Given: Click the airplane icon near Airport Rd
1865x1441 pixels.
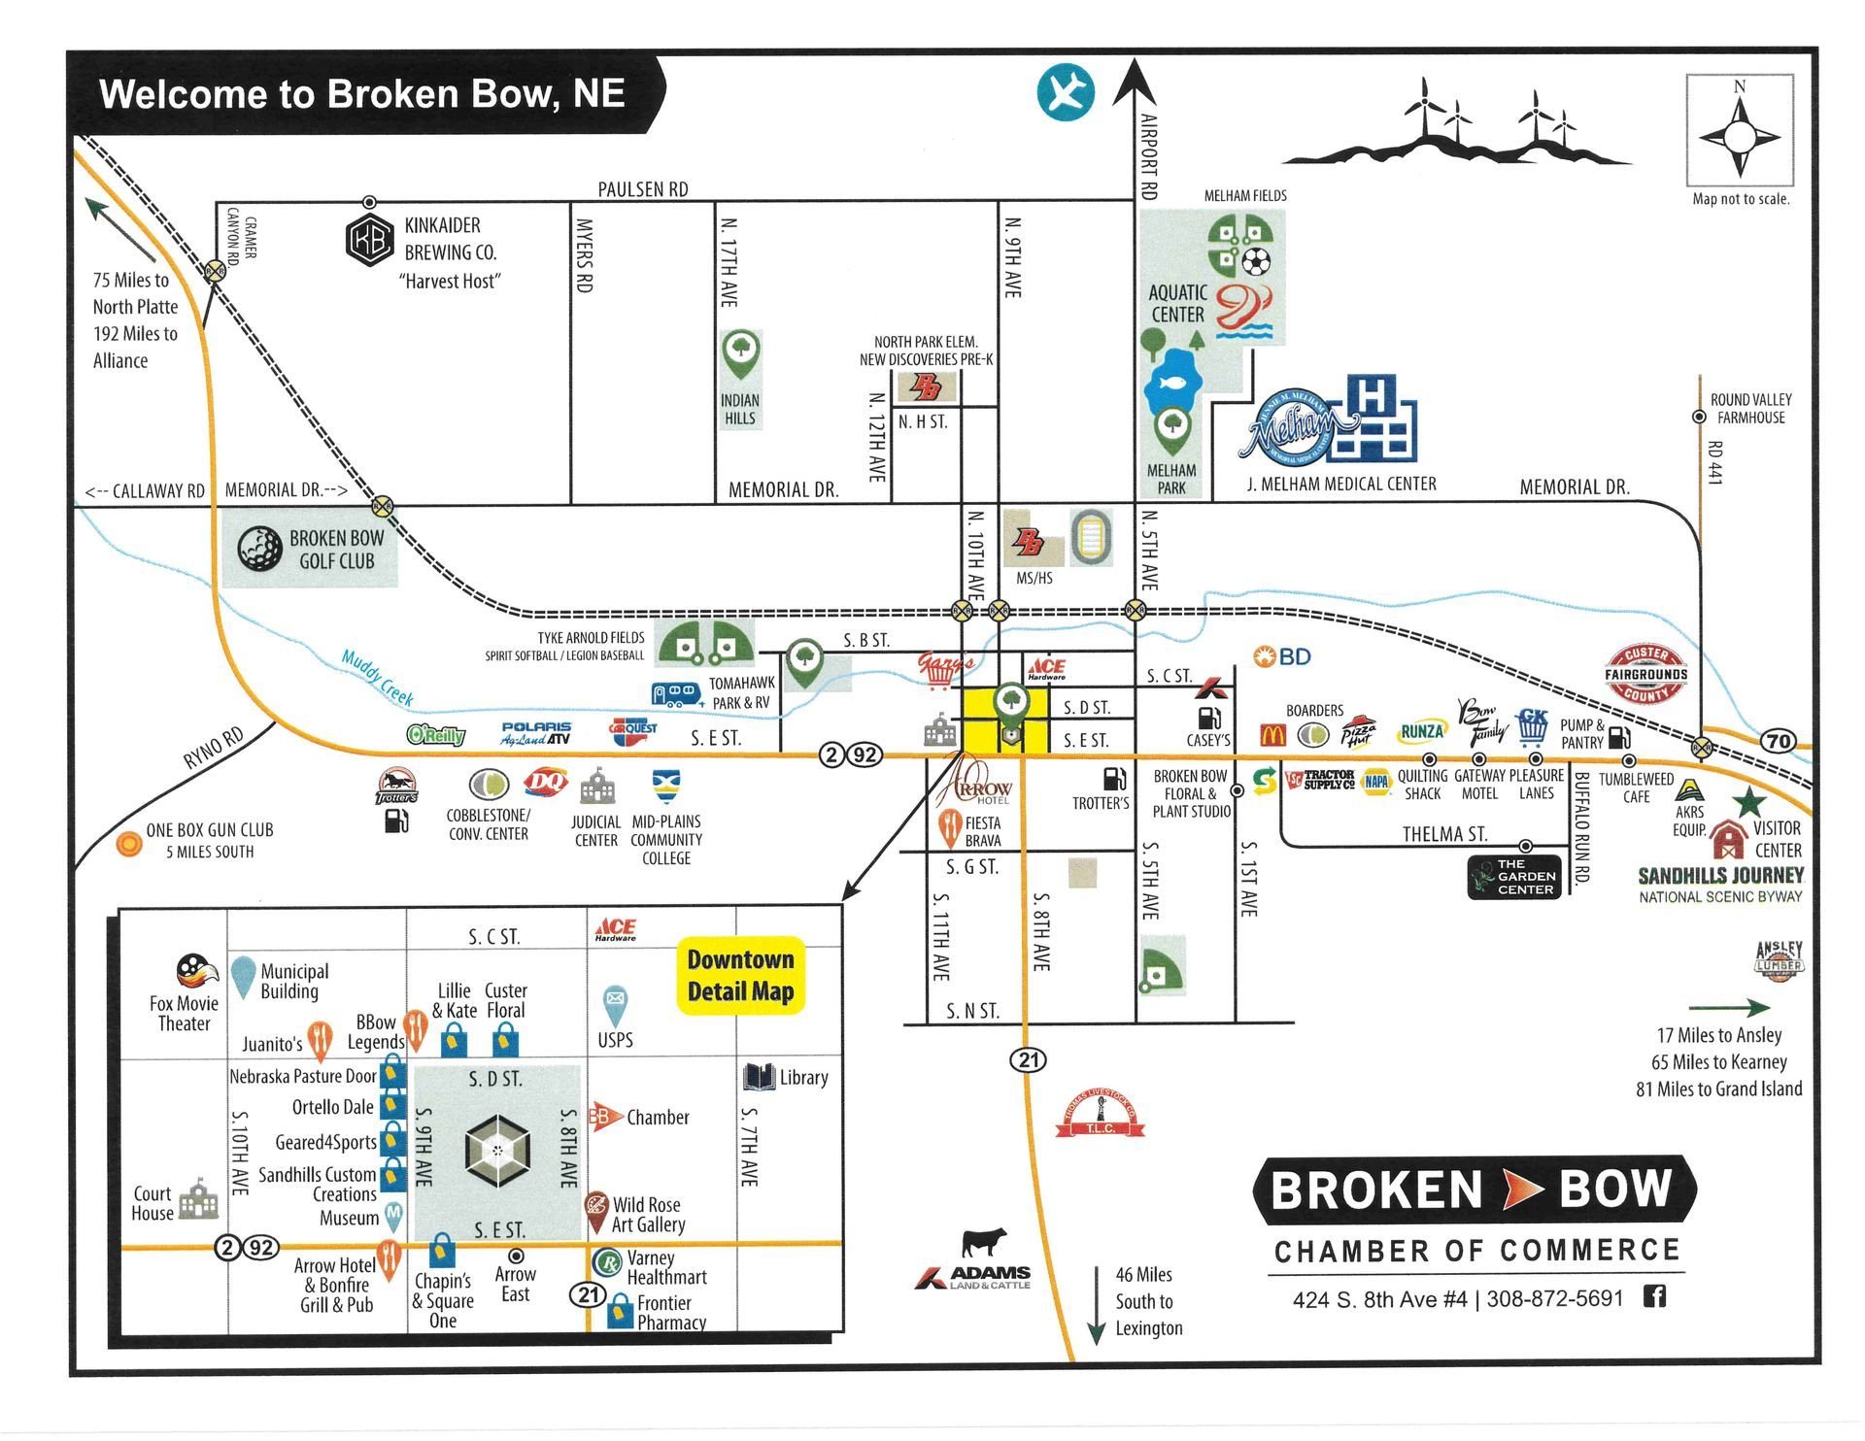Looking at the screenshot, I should (x=1066, y=93).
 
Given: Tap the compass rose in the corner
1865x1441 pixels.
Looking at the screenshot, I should (x=1739, y=137).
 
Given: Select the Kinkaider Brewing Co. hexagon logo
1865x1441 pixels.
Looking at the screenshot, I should (x=370, y=239).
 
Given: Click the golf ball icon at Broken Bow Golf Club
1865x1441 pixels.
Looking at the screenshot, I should (x=260, y=549).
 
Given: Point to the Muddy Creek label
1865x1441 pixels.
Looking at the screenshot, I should (x=378, y=677).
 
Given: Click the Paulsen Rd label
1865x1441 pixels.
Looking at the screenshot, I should (x=642, y=189).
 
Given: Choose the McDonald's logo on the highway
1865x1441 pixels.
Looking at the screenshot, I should (x=1272, y=735).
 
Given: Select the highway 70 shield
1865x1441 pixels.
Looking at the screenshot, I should (x=1778, y=741).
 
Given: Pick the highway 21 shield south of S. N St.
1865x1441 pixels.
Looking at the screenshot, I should (x=1029, y=1059).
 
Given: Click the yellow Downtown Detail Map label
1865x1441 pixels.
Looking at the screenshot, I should (x=740, y=975).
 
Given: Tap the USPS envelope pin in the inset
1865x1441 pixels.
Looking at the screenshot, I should (x=615, y=1000).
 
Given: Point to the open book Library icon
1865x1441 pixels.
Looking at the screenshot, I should (x=759, y=1077).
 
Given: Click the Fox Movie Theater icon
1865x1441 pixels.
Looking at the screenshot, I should (x=197, y=970).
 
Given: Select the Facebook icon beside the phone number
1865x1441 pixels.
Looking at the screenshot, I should (x=1654, y=1295).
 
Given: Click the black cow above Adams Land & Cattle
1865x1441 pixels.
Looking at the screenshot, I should (x=983, y=1242).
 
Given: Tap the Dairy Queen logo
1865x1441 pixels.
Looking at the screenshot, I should (x=546, y=782).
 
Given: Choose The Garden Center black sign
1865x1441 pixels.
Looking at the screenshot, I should (x=1515, y=877).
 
